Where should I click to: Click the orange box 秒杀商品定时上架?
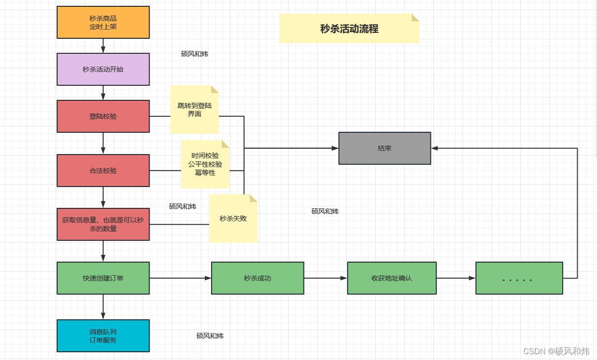click(103, 22)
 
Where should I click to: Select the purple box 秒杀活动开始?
click(103, 69)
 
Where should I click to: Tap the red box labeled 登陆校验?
click(103, 116)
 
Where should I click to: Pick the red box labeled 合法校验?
click(103, 171)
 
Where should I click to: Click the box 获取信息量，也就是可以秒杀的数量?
click(103, 224)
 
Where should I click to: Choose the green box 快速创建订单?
click(103, 278)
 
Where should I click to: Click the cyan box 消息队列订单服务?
click(103, 336)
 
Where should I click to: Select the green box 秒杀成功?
click(258, 278)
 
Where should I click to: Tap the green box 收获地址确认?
click(392, 278)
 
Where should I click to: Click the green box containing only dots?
click(519, 278)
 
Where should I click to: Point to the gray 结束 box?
click(384, 148)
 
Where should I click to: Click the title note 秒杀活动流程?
click(349, 28)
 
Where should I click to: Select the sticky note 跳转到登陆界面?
click(195, 110)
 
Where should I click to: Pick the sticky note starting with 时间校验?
click(205, 164)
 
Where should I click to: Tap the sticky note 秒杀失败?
click(233, 219)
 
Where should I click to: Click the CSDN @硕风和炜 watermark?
click(556, 351)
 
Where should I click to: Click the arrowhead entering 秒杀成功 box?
click(208, 278)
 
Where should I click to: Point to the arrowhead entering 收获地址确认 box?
click(344, 278)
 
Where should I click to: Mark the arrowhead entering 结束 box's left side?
click(335, 148)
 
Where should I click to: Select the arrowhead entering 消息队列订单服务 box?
click(103, 316)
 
